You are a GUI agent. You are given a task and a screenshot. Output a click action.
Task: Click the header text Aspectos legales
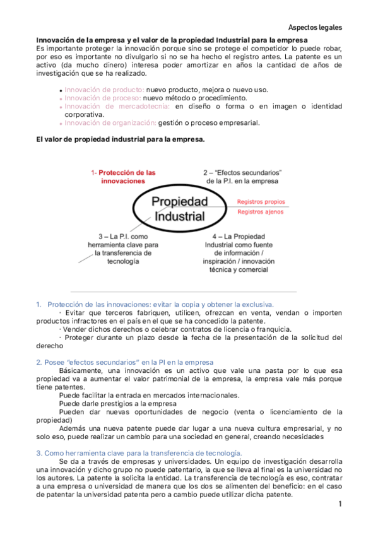point(315,28)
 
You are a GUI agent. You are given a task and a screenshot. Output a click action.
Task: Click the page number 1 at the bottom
point(340,504)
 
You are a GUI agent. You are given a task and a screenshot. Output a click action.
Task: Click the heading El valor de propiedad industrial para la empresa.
point(121,140)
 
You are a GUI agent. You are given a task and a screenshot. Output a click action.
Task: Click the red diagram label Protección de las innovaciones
point(123,177)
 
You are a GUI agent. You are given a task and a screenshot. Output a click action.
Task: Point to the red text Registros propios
point(261,202)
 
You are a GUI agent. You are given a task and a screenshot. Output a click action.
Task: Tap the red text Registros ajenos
point(261,212)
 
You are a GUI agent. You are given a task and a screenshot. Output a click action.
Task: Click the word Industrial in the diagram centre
point(180,217)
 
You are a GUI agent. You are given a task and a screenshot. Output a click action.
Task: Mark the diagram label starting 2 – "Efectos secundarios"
point(242,177)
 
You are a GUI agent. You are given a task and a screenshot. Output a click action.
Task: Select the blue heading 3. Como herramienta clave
point(134,452)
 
